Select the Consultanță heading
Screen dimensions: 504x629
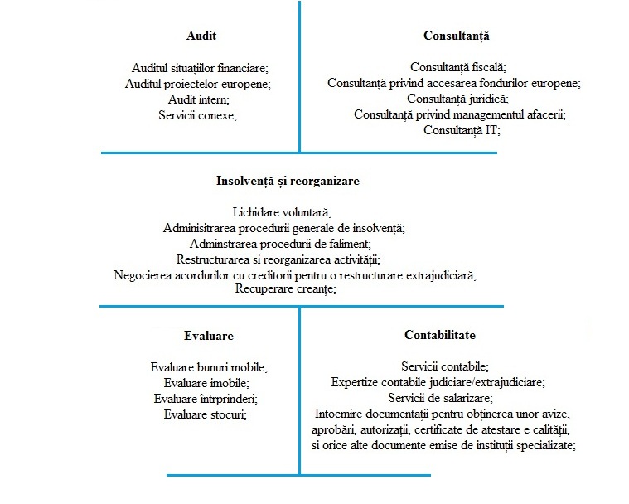[x=457, y=36]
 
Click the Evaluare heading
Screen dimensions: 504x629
[x=208, y=336]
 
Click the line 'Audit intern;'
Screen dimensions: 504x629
[x=198, y=99]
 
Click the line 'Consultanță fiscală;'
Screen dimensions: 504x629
[x=457, y=67]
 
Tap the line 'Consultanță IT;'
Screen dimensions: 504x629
[x=462, y=130]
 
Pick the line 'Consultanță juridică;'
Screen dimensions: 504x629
[x=457, y=99]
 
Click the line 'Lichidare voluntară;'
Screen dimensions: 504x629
[x=283, y=212]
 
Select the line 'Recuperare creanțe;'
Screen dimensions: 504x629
[x=286, y=289]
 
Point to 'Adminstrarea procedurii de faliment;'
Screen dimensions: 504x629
[x=280, y=244]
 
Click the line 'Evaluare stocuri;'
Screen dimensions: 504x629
[x=206, y=414]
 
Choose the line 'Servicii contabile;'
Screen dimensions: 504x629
[x=445, y=366]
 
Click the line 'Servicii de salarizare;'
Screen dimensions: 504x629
[x=445, y=397]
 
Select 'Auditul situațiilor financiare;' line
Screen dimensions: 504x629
[x=201, y=68]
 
